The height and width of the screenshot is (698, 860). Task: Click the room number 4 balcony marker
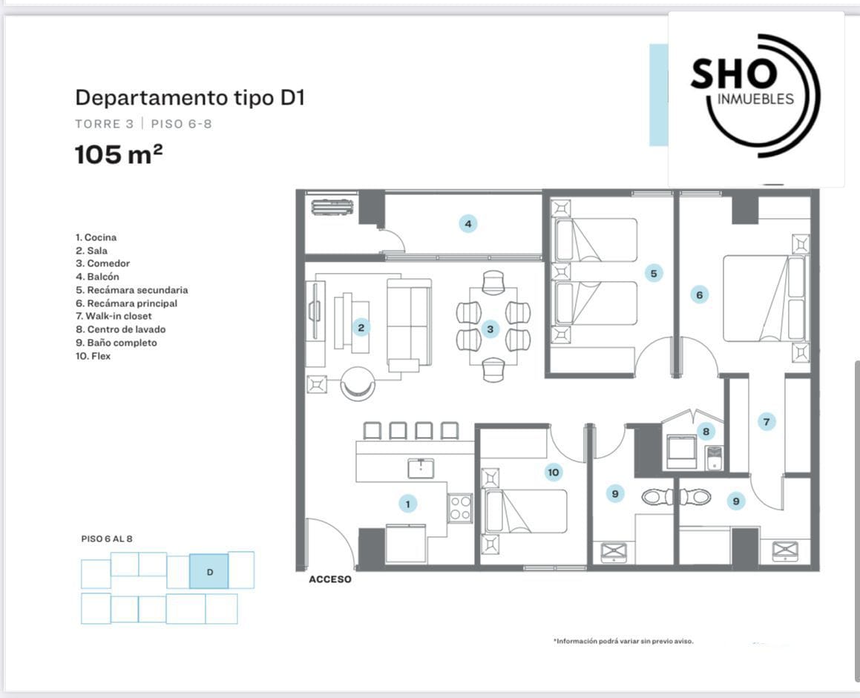point(468,224)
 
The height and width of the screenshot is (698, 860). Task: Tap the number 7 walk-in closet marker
point(767,421)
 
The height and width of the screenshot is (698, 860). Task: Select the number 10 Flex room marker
point(553,472)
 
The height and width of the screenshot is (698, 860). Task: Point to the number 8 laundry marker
point(706,432)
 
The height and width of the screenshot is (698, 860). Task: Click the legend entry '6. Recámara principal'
point(126,303)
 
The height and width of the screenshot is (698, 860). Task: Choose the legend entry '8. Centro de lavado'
point(121,329)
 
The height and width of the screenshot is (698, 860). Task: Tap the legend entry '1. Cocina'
point(96,237)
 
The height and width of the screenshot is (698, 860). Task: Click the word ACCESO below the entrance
point(330,579)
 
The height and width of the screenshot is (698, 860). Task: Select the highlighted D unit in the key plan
point(209,571)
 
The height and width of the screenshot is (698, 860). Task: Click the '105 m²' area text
point(119,154)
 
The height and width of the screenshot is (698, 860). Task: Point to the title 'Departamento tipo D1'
point(190,98)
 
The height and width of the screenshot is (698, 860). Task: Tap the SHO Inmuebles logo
point(756,96)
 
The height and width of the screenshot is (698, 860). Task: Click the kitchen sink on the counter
point(421,468)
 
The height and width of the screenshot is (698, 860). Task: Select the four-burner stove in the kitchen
point(460,507)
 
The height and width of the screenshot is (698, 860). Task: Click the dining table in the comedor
point(493,326)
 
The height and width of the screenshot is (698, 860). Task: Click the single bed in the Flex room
point(525,511)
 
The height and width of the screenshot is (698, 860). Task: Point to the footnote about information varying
point(623,641)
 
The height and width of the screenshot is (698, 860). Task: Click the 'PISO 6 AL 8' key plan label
point(107,539)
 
